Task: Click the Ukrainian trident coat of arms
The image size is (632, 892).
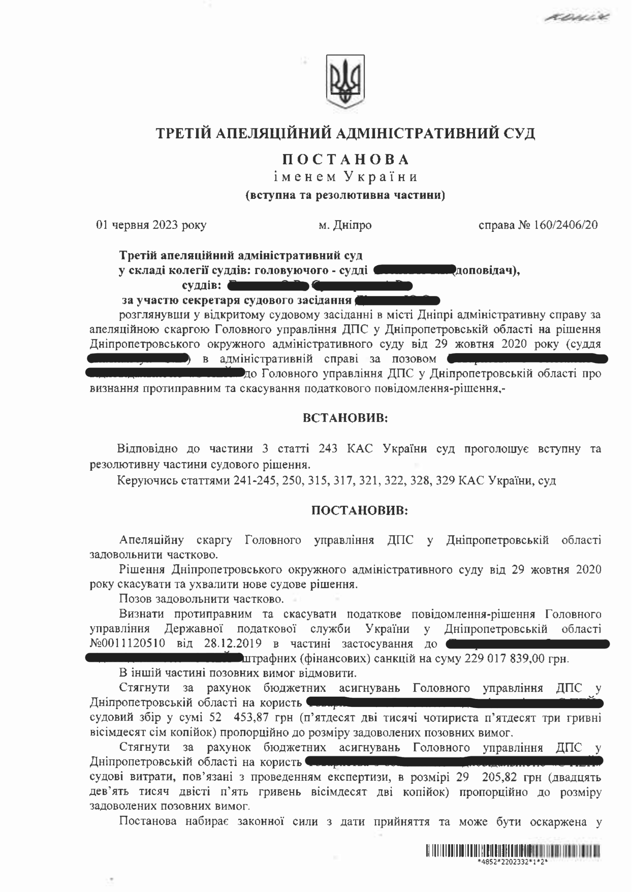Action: tap(345, 81)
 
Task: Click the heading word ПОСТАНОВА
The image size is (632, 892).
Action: tap(346, 160)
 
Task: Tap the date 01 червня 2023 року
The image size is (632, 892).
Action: tap(151, 225)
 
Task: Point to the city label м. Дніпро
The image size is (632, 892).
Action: tap(345, 225)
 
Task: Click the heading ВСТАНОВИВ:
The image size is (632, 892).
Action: tap(345, 418)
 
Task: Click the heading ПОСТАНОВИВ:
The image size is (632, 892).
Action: tap(359, 511)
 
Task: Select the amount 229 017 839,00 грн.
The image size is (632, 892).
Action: tap(517, 659)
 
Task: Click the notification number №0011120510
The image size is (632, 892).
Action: tap(127, 643)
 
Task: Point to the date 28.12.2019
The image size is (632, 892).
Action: tap(233, 643)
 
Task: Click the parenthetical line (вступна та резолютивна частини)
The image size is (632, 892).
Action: tap(345, 195)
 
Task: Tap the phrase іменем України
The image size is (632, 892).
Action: tap(345, 177)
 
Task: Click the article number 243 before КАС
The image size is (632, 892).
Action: tap(328, 449)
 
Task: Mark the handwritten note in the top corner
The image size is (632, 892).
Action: tap(577, 17)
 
